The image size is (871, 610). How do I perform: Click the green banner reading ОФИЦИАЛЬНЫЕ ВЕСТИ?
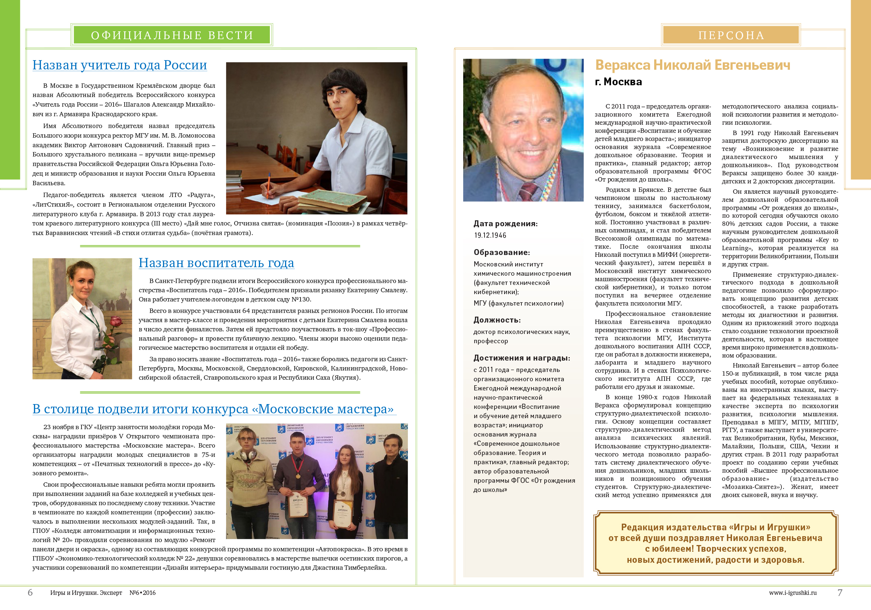click(x=171, y=35)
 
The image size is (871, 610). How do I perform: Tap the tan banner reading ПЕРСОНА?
click(x=731, y=35)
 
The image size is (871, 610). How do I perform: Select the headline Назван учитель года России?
click(x=119, y=65)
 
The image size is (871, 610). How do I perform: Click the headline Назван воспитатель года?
click(x=216, y=263)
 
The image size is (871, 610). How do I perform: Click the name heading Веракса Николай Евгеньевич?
click(x=692, y=65)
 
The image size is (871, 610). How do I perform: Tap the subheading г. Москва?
click(x=618, y=82)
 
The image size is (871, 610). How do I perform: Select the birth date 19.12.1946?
click(x=490, y=235)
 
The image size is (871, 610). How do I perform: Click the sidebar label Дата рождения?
click(x=505, y=224)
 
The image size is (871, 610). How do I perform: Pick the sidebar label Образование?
click(x=502, y=252)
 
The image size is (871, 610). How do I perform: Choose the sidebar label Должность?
click(x=497, y=320)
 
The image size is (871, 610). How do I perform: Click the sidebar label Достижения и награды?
click(x=522, y=358)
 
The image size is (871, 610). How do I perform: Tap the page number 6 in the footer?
click(x=30, y=593)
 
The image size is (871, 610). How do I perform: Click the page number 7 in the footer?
click(x=840, y=593)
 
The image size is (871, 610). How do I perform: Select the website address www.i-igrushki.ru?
click(x=792, y=593)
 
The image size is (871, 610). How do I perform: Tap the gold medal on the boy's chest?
click(x=298, y=476)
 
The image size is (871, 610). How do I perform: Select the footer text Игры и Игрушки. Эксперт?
click(x=86, y=593)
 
